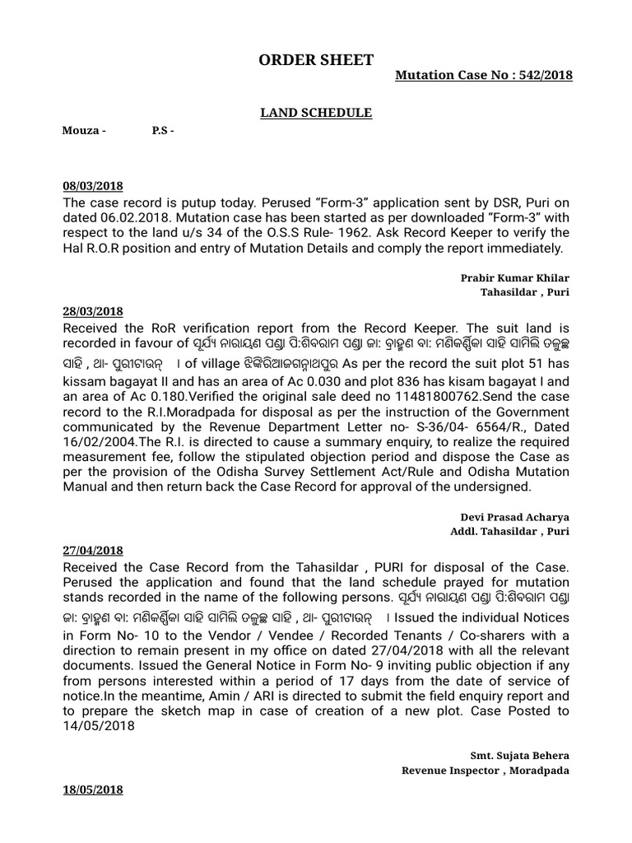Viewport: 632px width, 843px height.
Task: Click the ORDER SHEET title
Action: point(316,60)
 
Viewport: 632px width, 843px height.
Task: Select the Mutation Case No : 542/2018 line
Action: point(484,76)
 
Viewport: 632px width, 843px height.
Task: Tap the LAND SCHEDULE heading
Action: point(316,113)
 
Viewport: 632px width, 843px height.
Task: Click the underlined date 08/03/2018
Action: point(93,187)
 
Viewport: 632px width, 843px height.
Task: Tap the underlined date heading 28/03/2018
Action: point(93,311)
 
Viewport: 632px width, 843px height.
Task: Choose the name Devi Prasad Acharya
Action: point(514,517)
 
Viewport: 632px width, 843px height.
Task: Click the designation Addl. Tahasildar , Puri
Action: point(509,531)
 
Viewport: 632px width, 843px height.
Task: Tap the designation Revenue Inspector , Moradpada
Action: point(485,771)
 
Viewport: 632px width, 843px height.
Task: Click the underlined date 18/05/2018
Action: point(93,789)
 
